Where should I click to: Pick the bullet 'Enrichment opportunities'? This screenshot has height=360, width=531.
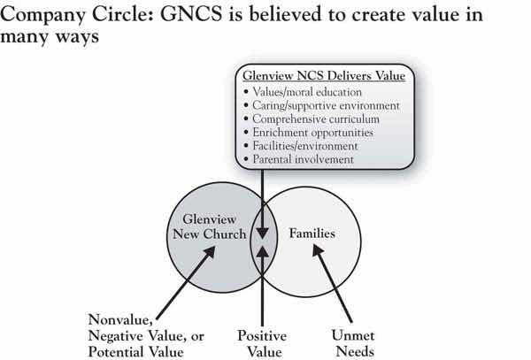(315, 131)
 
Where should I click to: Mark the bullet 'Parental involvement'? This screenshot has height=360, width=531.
(305, 159)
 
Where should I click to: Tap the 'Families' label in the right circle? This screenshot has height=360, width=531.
(310, 236)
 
